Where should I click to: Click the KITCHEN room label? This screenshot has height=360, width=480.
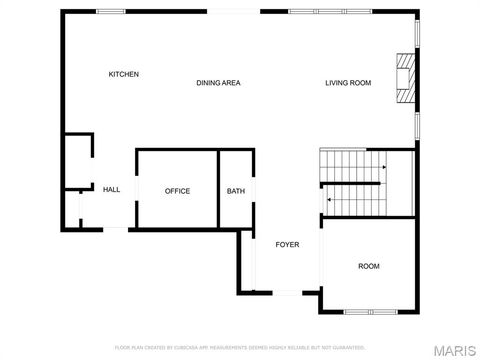click(x=124, y=74)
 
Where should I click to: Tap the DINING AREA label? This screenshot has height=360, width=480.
click(x=218, y=83)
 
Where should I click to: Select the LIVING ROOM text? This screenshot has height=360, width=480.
click(x=348, y=83)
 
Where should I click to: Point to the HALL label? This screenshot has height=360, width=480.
click(x=111, y=190)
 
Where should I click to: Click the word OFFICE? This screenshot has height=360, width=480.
click(x=177, y=191)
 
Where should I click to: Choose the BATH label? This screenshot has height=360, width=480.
click(x=236, y=191)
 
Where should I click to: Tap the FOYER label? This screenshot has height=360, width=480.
click(x=288, y=244)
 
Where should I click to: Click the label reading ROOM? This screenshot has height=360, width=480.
click(x=369, y=266)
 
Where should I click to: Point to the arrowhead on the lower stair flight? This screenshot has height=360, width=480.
click(x=329, y=199)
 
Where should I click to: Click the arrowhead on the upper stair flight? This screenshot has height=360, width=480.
click(x=384, y=166)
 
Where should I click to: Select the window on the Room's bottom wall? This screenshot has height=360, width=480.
click(x=370, y=311)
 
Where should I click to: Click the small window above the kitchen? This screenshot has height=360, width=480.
click(x=110, y=11)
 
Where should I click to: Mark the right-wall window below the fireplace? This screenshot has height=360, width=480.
click(x=417, y=125)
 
